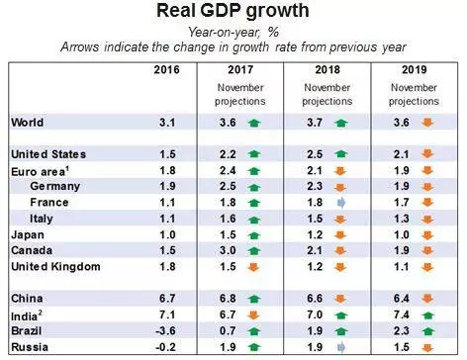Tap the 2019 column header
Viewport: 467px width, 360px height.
pyautogui.click(x=413, y=70)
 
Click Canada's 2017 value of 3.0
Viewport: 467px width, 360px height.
pyautogui.click(x=227, y=250)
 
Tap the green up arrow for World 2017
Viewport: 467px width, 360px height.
pyautogui.click(x=256, y=123)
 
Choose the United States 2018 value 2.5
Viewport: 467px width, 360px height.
pyautogui.click(x=315, y=154)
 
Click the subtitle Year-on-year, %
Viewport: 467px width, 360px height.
pyautogui.click(x=233, y=32)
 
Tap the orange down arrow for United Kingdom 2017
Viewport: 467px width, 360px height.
pyautogui.click(x=256, y=267)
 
